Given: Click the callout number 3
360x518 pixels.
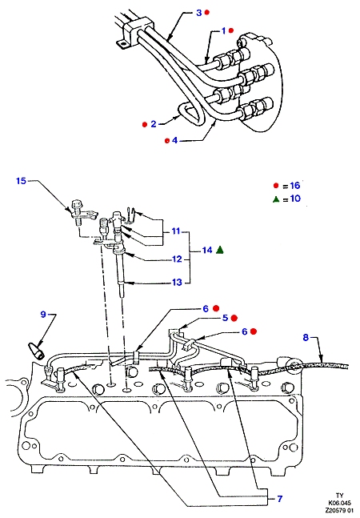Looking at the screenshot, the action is coord(198,13).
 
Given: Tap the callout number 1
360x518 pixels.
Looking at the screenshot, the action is coord(223,30).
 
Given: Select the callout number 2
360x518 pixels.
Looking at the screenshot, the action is coord(154,124).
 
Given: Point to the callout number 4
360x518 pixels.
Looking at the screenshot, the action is coord(174,140).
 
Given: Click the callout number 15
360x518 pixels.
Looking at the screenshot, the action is coord(21,181).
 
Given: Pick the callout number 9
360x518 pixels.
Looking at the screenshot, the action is coord(43,314).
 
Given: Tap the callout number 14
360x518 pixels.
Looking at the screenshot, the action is coord(207,250).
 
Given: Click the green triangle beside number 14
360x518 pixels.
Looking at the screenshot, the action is coord(220,250).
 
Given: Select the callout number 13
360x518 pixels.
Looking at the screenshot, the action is coord(177,282).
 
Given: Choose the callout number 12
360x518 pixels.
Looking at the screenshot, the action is coord(177,259).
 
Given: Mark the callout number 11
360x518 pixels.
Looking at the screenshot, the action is coord(176,231).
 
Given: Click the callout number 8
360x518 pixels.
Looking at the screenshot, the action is coord(306,337).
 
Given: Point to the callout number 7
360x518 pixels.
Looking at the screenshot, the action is coord(280,498).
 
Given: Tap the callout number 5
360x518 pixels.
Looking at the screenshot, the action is coord(225,318).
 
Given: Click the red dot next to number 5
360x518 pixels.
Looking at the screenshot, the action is coord(234,318).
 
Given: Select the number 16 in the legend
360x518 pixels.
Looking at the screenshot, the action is coord(295,185).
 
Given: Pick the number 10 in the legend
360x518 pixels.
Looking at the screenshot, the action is coord(295,199).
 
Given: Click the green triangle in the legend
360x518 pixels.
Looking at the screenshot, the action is coord(276,199).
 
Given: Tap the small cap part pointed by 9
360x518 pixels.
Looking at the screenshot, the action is coord(36,351).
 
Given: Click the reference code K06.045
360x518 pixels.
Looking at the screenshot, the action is coord(340,504).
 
